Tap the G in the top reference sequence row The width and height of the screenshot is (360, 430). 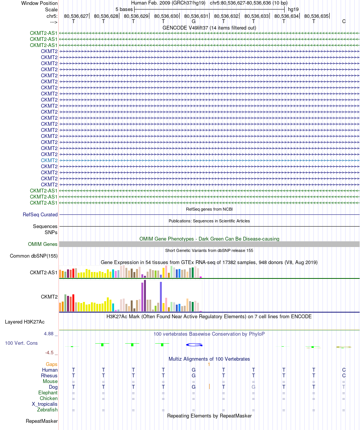(x=193, y=21)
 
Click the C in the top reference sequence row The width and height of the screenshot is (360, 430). (x=344, y=21)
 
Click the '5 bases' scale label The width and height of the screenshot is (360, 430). (x=124, y=9)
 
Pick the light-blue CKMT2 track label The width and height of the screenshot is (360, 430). (x=49, y=160)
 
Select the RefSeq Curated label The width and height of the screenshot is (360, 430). (x=40, y=214)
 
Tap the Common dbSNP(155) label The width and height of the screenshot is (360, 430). (x=34, y=256)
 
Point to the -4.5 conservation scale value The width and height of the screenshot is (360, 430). (x=50, y=353)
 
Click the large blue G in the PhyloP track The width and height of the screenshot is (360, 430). (x=194, y=345)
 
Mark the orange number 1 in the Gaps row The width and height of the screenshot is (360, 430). (x=209, y=364)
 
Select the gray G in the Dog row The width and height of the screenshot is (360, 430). (x=254, y=387)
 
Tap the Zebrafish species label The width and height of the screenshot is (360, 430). (x=47, y=410)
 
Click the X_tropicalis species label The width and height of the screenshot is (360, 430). (x=45, y=404)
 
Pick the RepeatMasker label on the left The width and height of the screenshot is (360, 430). (x=42, y=421)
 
